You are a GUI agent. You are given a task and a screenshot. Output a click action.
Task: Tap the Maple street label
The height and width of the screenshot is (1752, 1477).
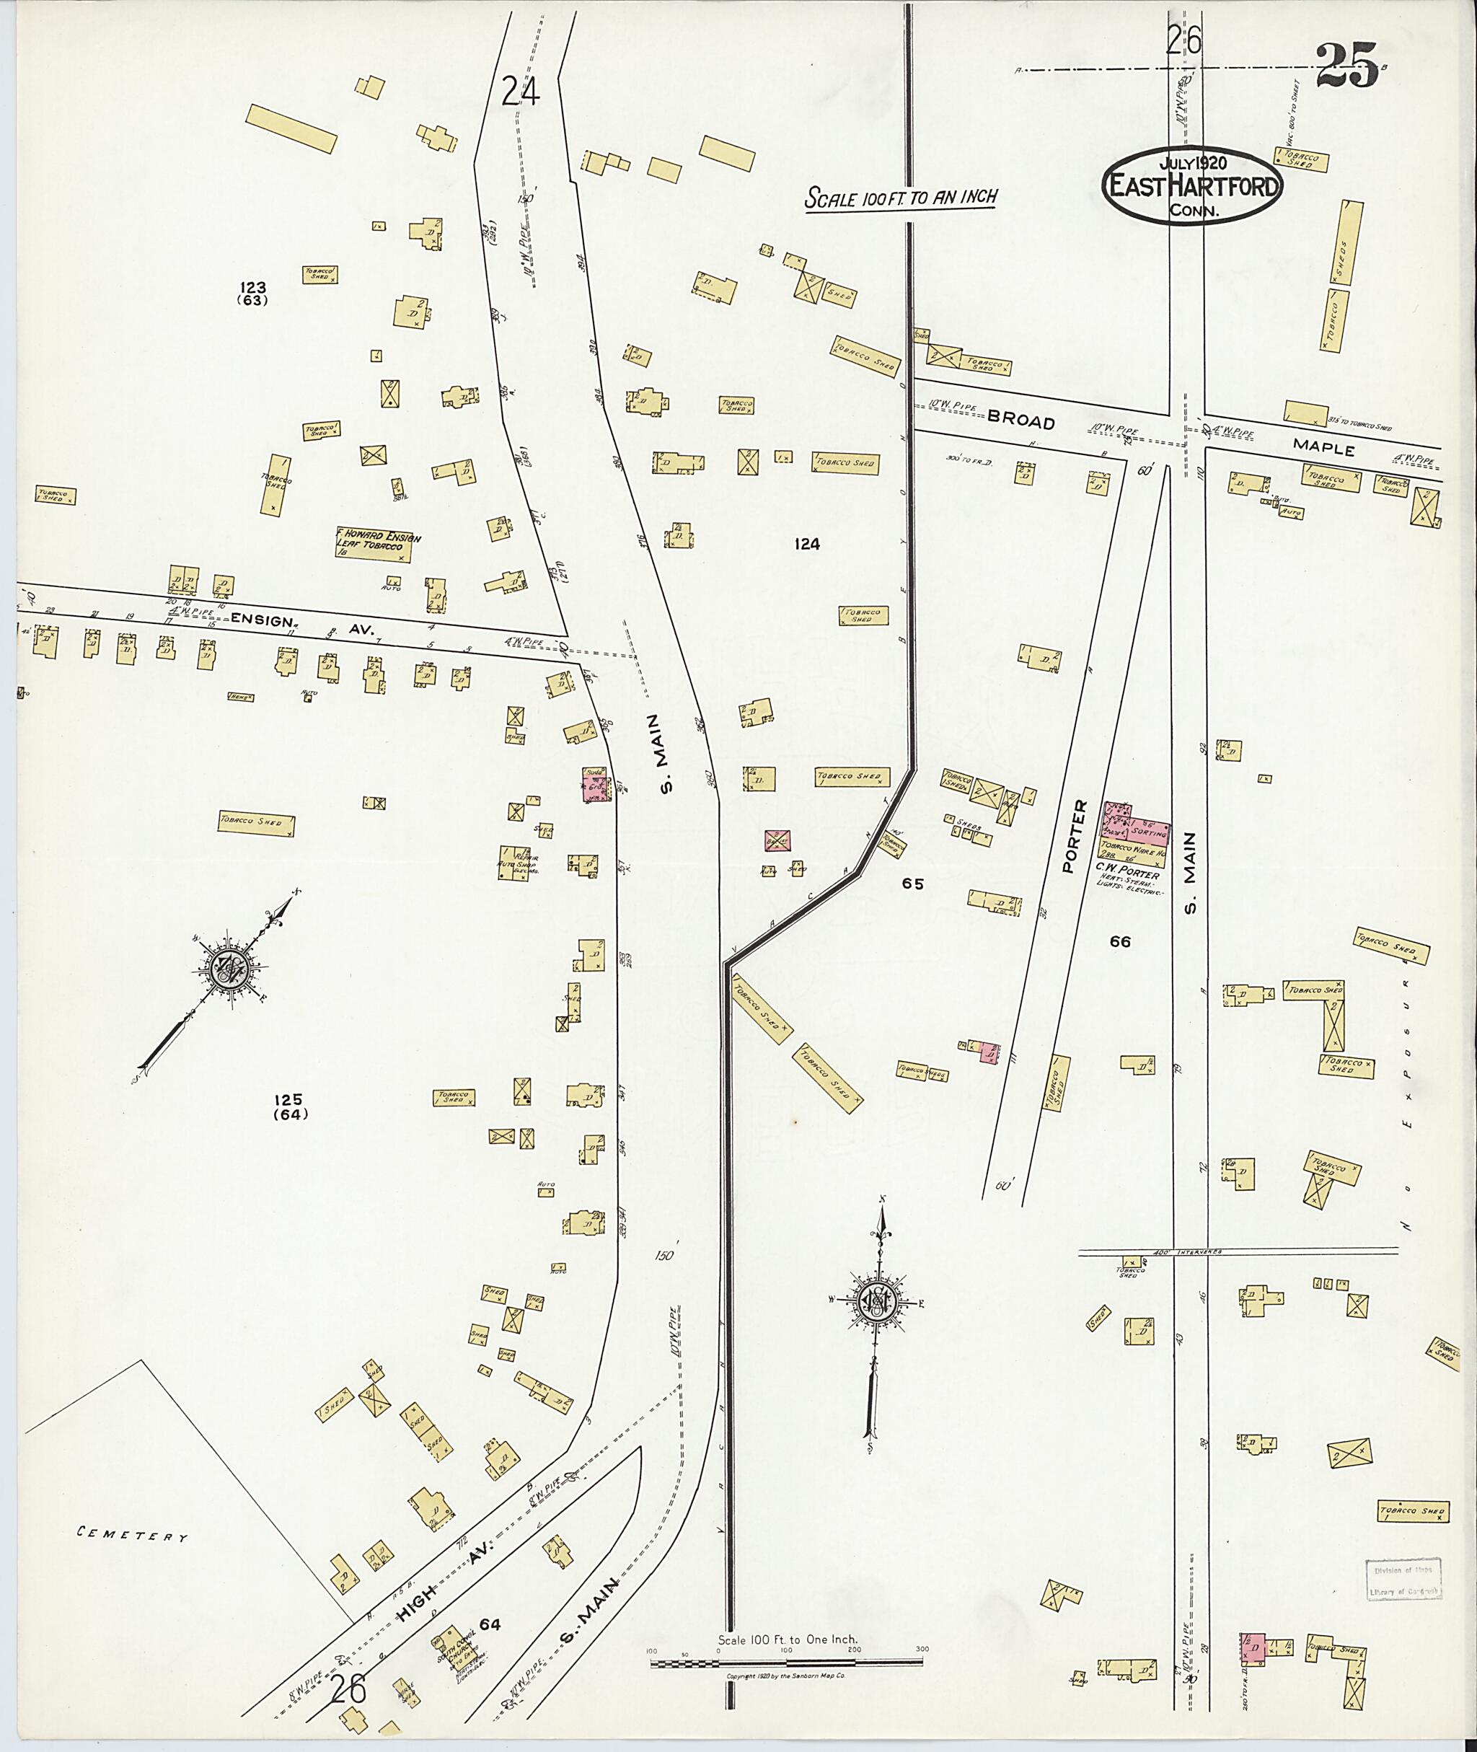point(1323,447)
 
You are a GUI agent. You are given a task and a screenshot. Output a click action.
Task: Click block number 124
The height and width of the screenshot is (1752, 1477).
point(806,545)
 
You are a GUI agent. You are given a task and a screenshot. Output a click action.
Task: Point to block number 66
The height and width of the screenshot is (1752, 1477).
point(1119,941)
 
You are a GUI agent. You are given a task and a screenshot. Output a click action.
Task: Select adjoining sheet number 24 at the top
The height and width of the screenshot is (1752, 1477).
point(520,90)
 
